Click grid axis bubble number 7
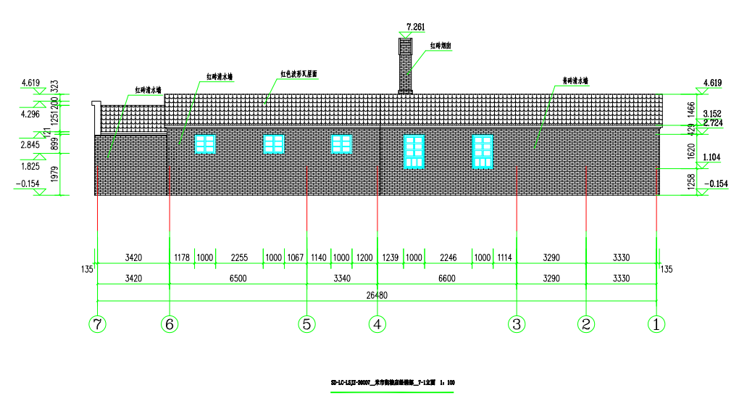click(98, 324)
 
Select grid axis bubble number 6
click(169, 324)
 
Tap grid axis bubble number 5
click(306, 324)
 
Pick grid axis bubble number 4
click(377, 324)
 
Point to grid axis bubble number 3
click(516, 324)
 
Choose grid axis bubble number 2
click(585, 324)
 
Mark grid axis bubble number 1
click(656, 324)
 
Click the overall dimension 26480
click(376, 295)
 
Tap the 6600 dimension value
click(447, 278)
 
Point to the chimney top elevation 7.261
click(416, 27)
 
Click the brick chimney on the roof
click(405, 65)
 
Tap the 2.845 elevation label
click(30, 144)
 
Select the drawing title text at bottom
click(392, 382)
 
